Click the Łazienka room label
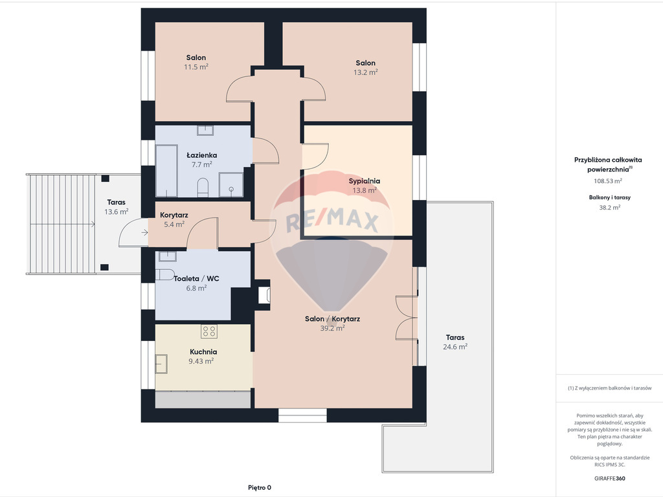point(202,155)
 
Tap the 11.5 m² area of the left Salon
point(196,67)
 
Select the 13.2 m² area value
point(366,72)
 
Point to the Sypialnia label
point(365,181)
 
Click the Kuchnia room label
point(203,351)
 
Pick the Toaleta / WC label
point(197,278)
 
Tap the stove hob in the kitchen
point(209,331)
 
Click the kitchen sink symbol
point(161,364)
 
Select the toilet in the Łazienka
point(203,188)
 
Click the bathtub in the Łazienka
point(166,171)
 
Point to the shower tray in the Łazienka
point(231,184)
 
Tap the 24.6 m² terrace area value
point(455,347)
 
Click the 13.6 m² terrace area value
point(117,212)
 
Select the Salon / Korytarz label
point(332,318)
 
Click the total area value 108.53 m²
point(608,181)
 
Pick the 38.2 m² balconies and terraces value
point(610,208)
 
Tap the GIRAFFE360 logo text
point(610,478)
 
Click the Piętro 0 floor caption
point(260,488)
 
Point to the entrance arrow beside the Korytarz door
point(144,232)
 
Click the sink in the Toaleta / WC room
point(168,256)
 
